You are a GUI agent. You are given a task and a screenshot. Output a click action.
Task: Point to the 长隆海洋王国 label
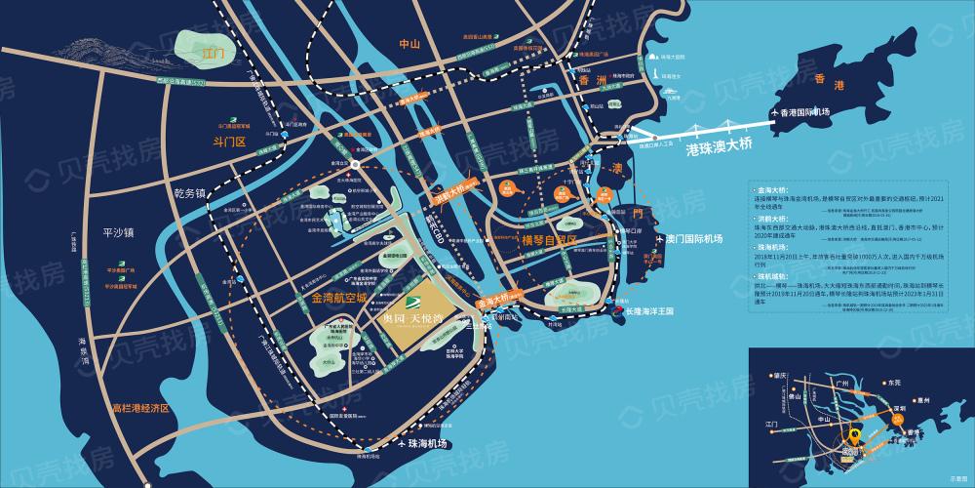[x=663, y=313]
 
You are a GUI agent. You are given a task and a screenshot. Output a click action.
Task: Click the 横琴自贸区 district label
[x=551, y=238]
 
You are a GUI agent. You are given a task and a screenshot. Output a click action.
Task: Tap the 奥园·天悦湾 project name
[x=411, y=319]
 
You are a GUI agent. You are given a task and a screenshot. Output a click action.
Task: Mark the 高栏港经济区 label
[x=140, y=407]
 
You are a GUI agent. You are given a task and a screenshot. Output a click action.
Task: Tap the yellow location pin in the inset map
[x=855, y=438]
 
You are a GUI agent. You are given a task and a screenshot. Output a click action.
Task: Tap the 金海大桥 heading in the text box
[x=760, y=183]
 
